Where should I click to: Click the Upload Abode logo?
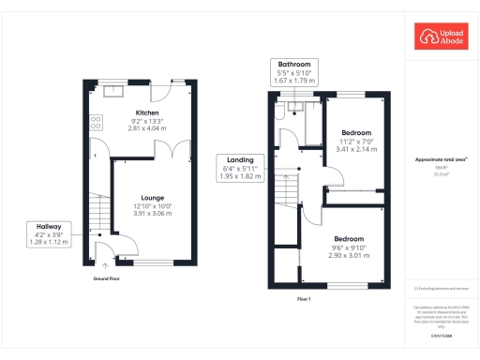441,37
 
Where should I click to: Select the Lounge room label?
152,198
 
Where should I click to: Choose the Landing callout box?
238,167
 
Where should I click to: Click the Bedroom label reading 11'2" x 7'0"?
356,141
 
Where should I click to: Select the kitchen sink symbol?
113,91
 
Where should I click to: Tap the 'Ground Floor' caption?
105,278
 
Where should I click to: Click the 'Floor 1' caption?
302,298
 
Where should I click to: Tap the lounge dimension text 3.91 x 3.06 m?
152,213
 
